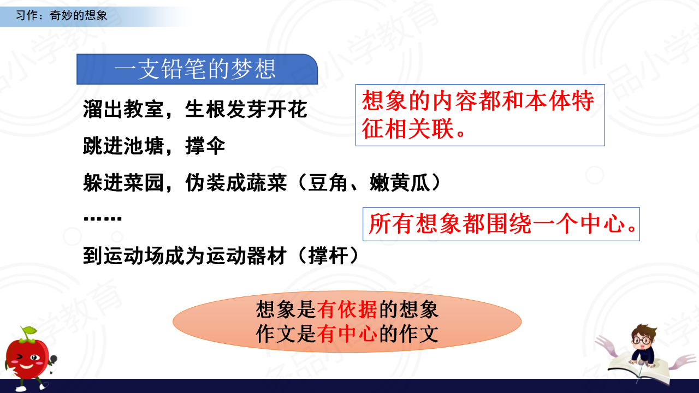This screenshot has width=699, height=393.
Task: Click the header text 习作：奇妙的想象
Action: coord(62,15)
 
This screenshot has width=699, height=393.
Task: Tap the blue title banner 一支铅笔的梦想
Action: coord(197,69)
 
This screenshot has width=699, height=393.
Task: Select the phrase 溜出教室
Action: coord(123,109)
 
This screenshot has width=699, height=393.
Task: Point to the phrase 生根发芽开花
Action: coord(246,109)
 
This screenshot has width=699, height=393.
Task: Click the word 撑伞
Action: coord(205,146)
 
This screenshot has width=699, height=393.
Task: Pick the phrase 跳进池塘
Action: coord(123,146)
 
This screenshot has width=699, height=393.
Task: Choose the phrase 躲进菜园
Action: coord(123,182)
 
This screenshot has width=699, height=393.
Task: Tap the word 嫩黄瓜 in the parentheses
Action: coord(400,182)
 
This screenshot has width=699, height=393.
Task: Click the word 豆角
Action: coord(328,182)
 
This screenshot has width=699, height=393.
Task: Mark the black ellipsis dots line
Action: coord(102,219)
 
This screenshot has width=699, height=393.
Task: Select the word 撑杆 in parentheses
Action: coord(328,256)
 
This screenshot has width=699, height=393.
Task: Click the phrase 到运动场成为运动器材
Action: coord(185,256)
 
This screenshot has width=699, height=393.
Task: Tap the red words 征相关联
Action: coord(408,128)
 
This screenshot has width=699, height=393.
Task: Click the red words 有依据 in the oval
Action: coord(347,309)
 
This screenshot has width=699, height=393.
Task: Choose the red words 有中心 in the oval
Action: coord(347,334)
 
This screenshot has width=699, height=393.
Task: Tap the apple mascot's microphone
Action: coord(54,360)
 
